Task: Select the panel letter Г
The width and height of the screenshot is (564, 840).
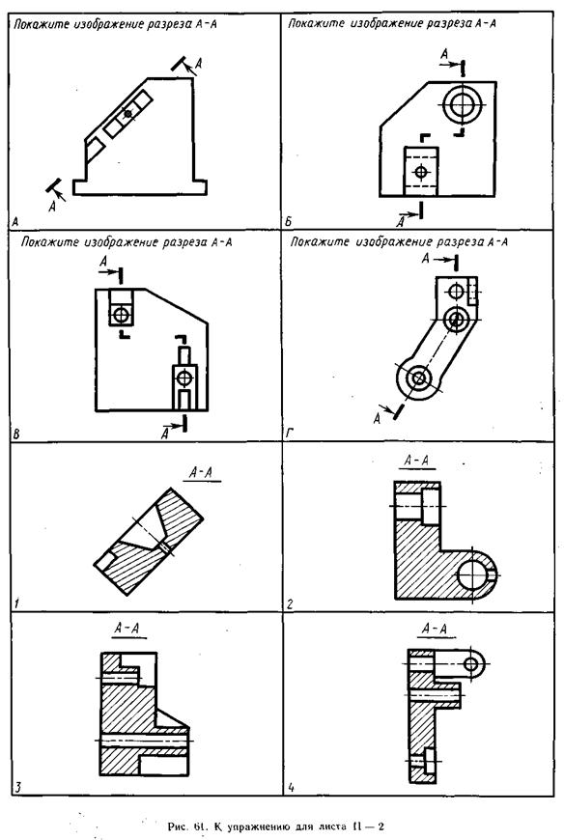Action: coord(289,433)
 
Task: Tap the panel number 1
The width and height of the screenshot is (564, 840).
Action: coord(16,603)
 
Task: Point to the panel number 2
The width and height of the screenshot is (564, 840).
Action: coord(290,604)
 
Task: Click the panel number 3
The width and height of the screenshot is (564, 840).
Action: coord(17,787)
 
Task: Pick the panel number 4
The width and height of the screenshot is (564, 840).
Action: coord(291,787)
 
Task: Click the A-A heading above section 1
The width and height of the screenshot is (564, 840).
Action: coord(202,472)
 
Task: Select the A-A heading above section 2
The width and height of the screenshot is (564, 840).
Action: coord(416,461)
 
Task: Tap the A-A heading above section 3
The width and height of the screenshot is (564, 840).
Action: coord(127,628)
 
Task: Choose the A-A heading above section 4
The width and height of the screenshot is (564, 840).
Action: coord(435,628)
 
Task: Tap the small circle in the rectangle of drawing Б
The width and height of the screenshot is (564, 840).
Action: coord(421,172)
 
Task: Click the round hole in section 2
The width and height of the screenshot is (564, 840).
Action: coord(473,574)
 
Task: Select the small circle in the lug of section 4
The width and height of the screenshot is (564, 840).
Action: coord(471,664)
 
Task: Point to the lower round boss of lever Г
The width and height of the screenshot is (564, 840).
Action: coord(418,378)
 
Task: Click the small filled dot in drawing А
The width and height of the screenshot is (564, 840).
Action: coord(127,113)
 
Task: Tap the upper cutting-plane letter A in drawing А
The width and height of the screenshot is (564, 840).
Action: coord(199,63)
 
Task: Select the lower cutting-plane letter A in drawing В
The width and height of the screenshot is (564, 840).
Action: coord(165,433)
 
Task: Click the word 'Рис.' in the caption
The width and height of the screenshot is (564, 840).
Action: coord(177,826)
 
